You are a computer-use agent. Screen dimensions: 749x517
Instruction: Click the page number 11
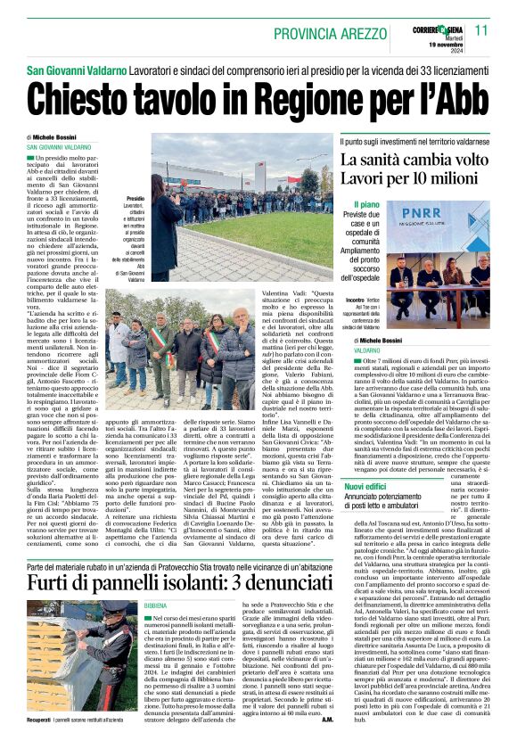click(481, 30)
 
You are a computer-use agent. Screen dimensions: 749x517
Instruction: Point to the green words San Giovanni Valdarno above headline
click(76, 70)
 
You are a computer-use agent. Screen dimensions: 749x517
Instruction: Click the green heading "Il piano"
click(365, 205)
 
